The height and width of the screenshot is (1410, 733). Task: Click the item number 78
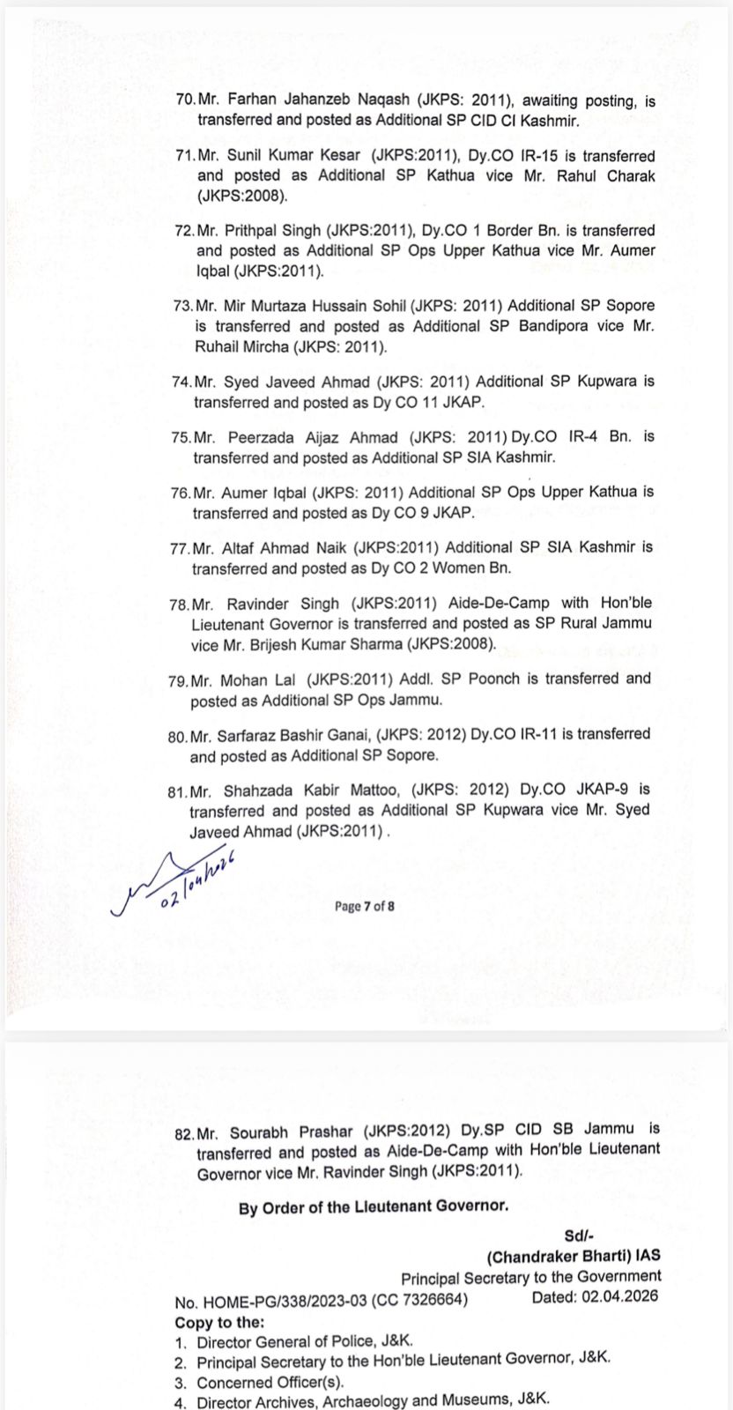pos(179,604)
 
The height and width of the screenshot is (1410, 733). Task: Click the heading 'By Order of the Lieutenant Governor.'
pos(373,1206)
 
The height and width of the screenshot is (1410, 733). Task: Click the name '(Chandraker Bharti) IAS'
pos(573,1256)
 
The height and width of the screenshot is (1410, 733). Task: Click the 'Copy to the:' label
pos(219,1322)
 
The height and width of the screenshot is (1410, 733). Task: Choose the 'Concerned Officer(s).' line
pos(270,1383)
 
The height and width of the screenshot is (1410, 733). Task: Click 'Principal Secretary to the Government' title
pos(530,1277)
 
